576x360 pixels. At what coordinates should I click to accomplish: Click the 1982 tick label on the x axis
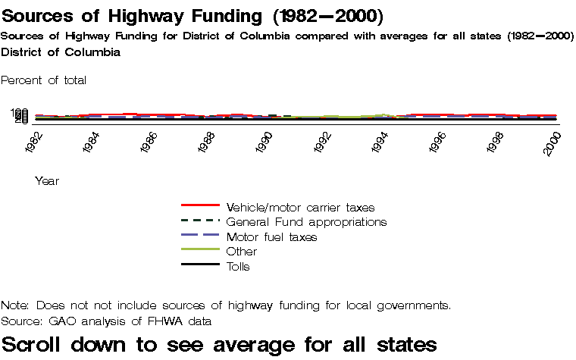pyautogui.click(x=35, y=142)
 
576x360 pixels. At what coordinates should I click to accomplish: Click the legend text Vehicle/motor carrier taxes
pyautogui.click(x=300, y=207)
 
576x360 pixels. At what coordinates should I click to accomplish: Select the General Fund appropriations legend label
pyautogui.click(x=306, y=222)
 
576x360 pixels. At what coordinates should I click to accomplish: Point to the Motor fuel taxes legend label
pyautogui.click(x=271, y=237)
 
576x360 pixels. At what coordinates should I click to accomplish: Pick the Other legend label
pyautogui.click(x=242, y=252)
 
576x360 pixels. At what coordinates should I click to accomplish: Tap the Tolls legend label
pyautogui.click(x=238, y=267)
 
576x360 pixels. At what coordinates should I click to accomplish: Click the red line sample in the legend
pyautogui.click(x=200, y=205)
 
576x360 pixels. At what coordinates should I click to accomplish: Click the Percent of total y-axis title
pyautogui.click(x=44, y=80)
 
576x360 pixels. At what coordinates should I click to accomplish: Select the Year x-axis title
pyautogui.click(x=47, y=181)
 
